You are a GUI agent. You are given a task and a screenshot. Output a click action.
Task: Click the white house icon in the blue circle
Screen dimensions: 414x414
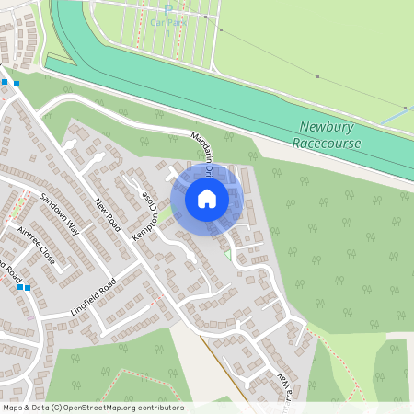coord(207,198)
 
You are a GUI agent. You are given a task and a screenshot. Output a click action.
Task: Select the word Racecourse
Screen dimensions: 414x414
coord(328,144)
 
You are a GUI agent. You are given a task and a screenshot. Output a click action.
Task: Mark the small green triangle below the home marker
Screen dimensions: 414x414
coord(227,253)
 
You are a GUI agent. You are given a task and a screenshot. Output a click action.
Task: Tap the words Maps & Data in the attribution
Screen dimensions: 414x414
coord(25,408)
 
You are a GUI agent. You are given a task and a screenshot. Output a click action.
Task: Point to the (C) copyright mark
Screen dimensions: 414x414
coord(57,408)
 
